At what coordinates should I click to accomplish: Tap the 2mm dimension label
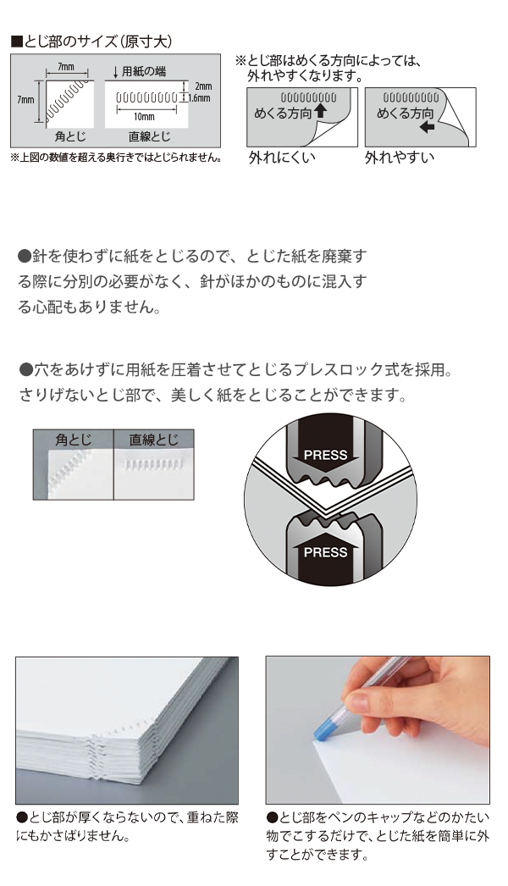coord(203,86)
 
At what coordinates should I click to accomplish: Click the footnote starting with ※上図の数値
coord(116,158)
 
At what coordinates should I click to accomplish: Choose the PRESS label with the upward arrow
coord(325,552)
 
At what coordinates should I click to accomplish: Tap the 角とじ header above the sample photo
coord(73,440)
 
